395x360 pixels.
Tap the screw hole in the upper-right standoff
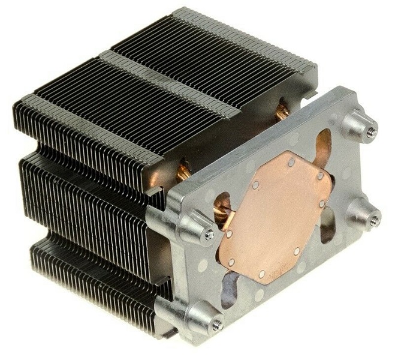(x=371, y=131)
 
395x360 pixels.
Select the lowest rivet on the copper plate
(x=262, y=274)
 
